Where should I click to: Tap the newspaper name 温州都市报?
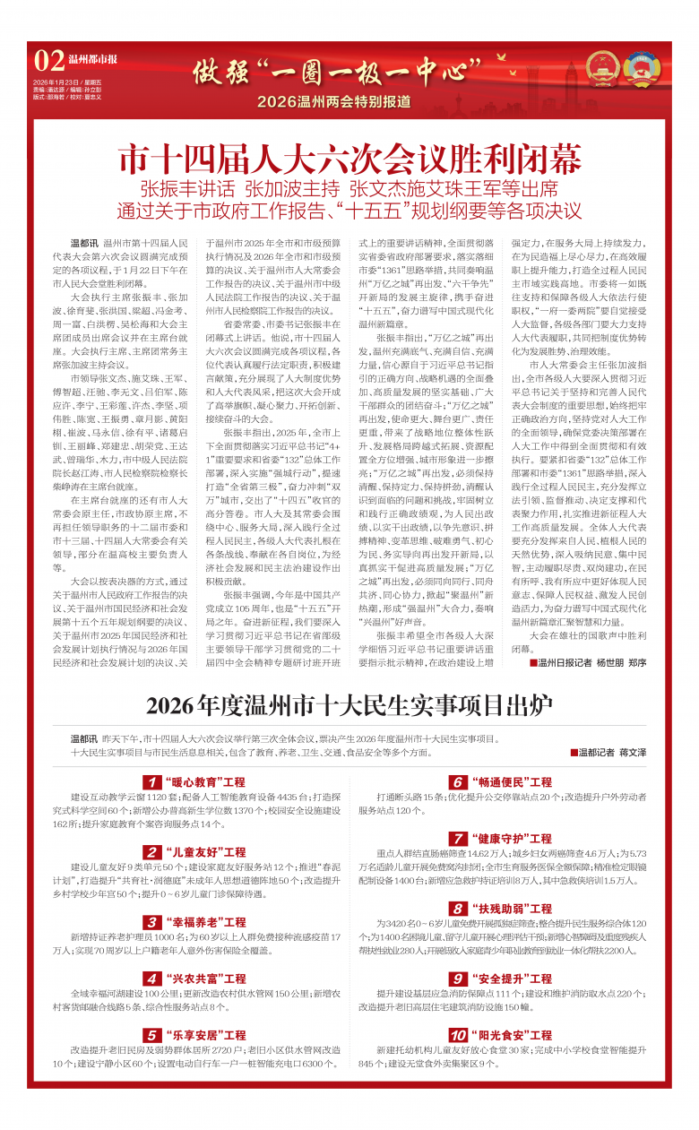tap(93, 60)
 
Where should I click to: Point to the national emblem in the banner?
tap(600, 68)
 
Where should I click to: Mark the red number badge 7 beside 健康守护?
tap(458, 839)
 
